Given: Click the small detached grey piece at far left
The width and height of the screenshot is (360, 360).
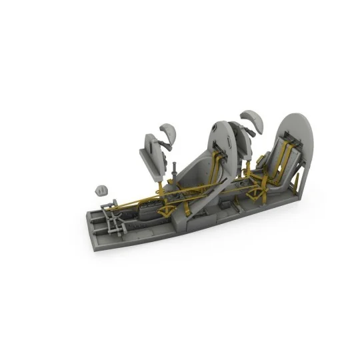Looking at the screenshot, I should click(x=102, y=189).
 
